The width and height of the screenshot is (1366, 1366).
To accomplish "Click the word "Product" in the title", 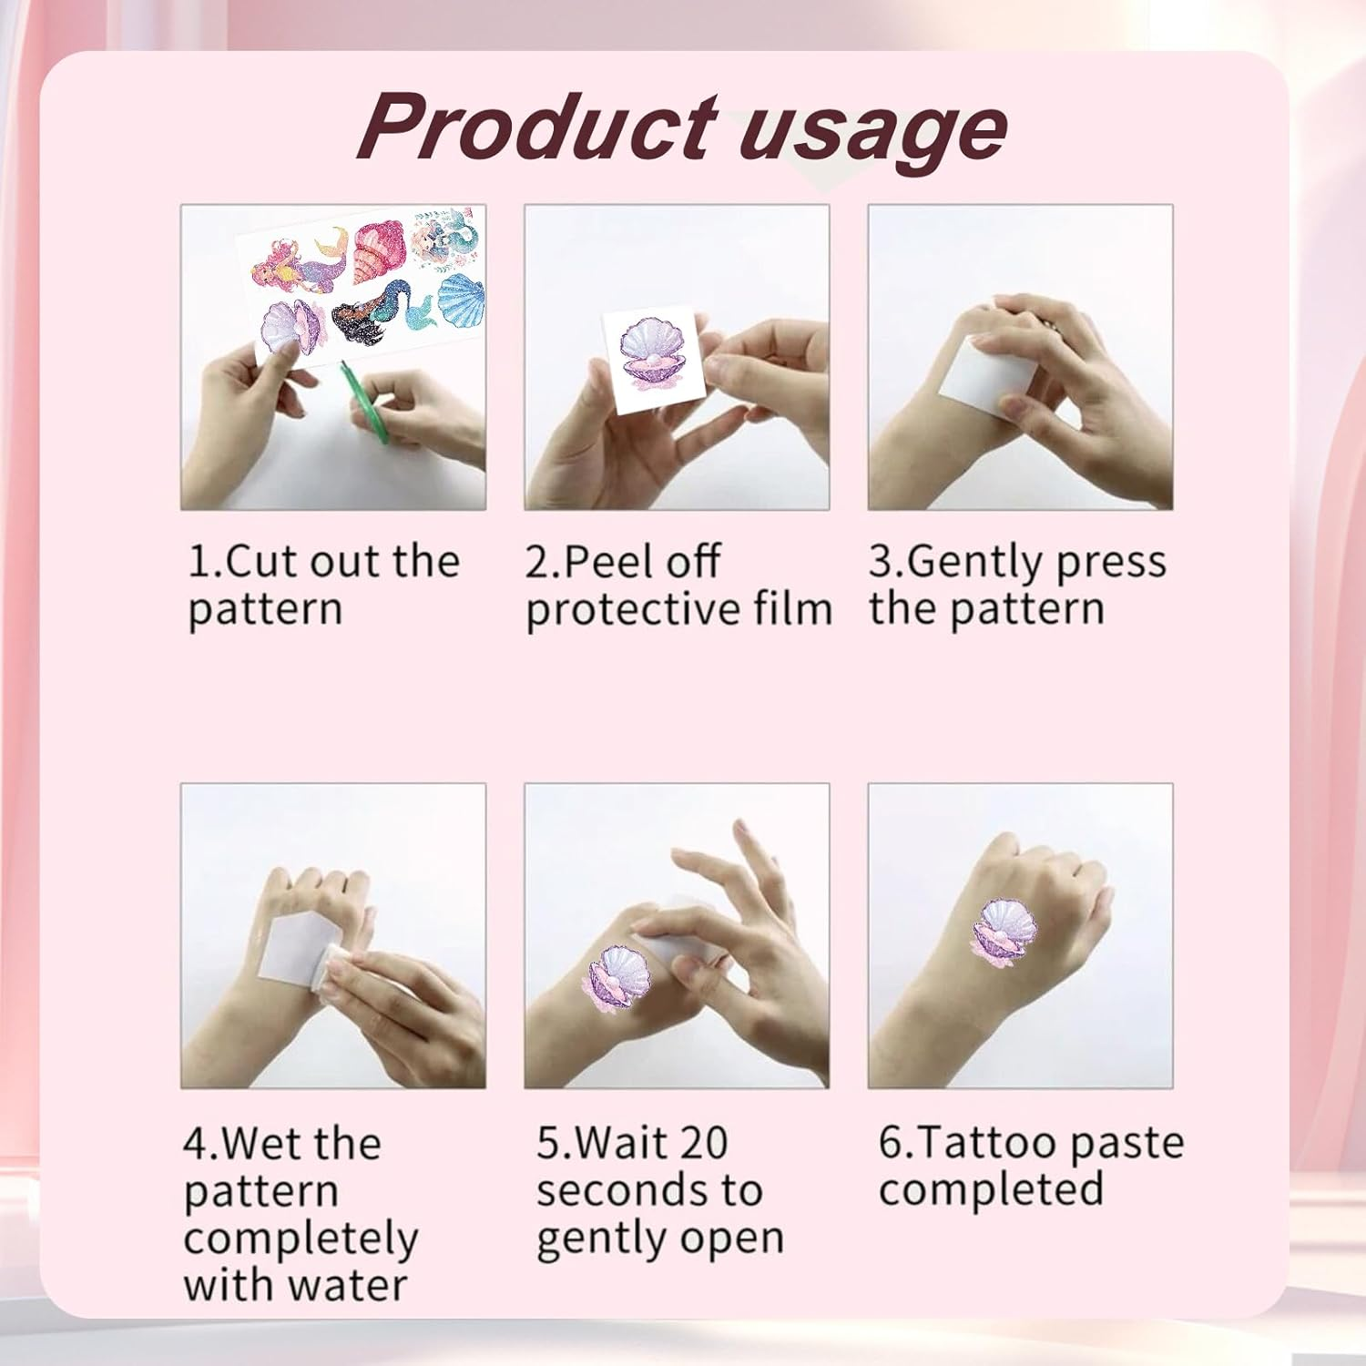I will click(x=537, y=127).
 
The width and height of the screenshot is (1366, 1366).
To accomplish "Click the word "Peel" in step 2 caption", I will click(x=601, y=561).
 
